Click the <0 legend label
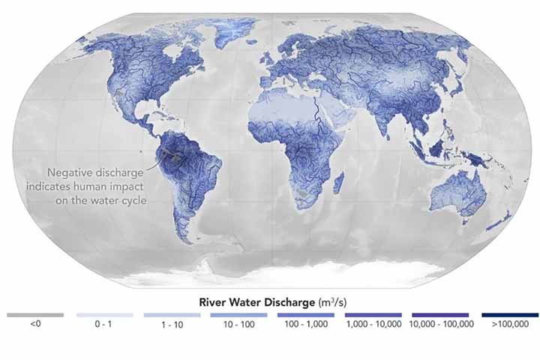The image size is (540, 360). (34, 324)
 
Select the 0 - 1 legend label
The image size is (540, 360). (104, 324)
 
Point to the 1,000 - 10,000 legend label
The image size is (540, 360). (373, 324)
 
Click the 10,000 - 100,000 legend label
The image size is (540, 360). (441, 324)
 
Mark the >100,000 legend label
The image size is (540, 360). (509, 324)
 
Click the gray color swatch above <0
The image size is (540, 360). (34, 315)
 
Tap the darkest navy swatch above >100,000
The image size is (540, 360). (509, 315)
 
